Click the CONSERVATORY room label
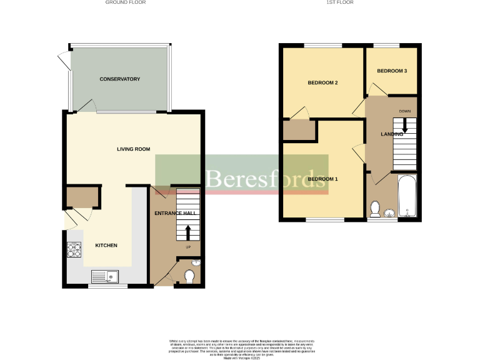[x=119, y=79]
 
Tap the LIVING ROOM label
[x=134, y=149]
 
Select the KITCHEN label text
[x=106, y=246]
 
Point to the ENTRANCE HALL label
[x=176, y=213]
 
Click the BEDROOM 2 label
[x=322, y=82]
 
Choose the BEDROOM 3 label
[x=392, y=71]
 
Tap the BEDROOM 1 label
[x=322, y=179]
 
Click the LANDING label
[x=392, y=134]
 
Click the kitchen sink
[x=104, y=276]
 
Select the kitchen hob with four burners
[x=74, y=250]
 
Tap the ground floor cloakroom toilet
[x=191, y=275]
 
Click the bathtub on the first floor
[x=407, y=196]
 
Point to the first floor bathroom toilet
[x=375, y=208]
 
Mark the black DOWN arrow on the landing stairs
[x=404, y=125]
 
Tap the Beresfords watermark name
[x=266, y=178]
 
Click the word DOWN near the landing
[x=404, y=112]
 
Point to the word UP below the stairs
[x=187, y=247]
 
